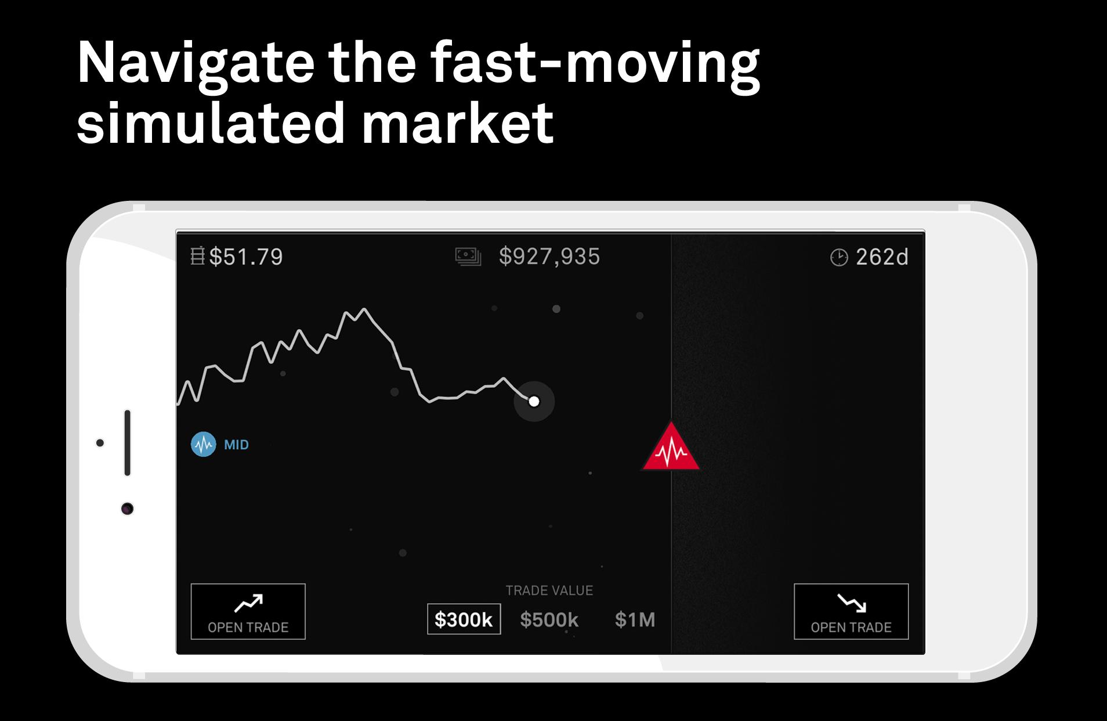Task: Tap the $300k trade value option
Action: (464, 619)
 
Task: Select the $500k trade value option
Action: (549, 619)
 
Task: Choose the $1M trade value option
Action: (635, 619)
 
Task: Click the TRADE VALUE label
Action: (549, 590)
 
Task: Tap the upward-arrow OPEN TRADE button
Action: (248, 611)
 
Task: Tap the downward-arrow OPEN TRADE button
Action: (851, 611)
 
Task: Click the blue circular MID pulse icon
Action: (204, 445)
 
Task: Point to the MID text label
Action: (236, 445)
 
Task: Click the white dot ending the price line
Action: (534, 401)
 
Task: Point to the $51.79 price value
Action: (246, 257)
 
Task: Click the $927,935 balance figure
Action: (549, 257)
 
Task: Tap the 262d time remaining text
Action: (882, 257)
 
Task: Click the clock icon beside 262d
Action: (839, 257)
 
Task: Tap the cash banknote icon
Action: (468, 257)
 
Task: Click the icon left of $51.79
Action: (198, 256)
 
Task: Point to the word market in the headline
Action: (458, 123)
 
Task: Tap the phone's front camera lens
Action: (128, 509)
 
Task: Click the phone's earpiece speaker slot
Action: (127, 443)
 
